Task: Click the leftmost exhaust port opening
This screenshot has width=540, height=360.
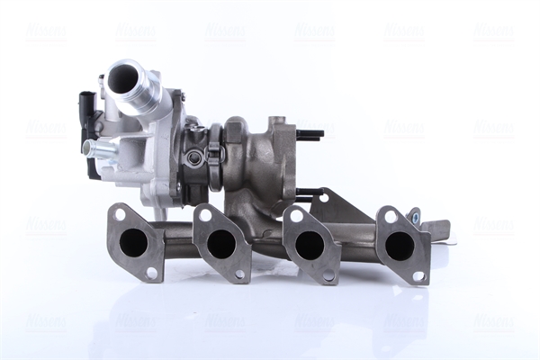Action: click(x=134, y=241)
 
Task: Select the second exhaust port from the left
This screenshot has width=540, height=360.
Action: click(x=220, y=243)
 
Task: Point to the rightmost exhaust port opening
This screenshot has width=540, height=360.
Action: click(x=400, y=246)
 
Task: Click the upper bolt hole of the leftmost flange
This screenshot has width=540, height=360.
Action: click(x=119, y=214)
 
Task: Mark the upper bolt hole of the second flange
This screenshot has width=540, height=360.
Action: click(x=206, y=216)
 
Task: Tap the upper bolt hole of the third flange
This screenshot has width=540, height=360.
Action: click(x=294, y=216)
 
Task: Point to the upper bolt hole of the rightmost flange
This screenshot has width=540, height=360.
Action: click(x=390, y=216)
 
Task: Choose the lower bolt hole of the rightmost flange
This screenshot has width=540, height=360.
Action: click(x=418, y=275)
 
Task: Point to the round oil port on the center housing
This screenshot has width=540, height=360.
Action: click(x=194, y=158)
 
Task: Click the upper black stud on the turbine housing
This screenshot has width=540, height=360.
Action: click(x=310, y=136)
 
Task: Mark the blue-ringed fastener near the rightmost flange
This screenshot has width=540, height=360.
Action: click(x=414, y=215)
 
